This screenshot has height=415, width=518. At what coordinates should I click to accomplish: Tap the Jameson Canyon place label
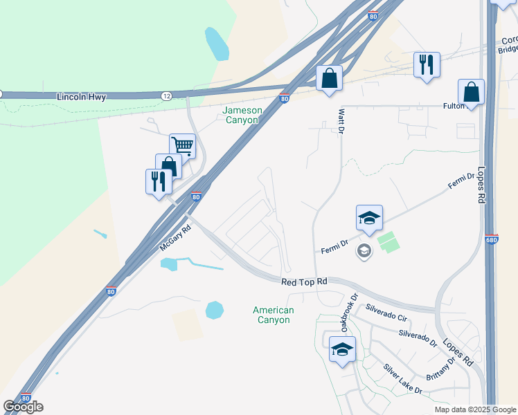click(240, 115)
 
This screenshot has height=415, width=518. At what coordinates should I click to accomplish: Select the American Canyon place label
click(273, 315)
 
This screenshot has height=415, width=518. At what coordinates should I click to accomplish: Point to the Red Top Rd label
click(303, 282)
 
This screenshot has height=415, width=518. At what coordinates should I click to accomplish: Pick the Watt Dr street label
click(341, 120)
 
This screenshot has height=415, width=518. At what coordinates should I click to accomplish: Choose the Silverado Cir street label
click(390, 315)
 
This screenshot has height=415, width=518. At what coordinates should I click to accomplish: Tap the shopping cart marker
click(182, 146)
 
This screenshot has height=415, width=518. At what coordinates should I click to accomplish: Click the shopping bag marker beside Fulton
click(471, 91)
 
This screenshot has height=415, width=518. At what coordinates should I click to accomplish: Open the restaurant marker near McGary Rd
click(159, 181)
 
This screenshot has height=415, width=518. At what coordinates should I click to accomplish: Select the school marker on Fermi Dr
click(369, 218)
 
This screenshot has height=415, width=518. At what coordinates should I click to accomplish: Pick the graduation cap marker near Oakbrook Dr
click(342, 349)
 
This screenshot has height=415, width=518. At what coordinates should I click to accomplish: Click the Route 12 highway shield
click(167, 95)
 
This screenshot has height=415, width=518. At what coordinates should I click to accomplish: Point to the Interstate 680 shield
click(492, 240)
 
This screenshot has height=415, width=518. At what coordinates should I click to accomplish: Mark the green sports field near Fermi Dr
click(388, 242)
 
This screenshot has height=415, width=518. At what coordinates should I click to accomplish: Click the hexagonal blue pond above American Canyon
click(215, 310)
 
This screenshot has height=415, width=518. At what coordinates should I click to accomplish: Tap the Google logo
click(23, 407)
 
